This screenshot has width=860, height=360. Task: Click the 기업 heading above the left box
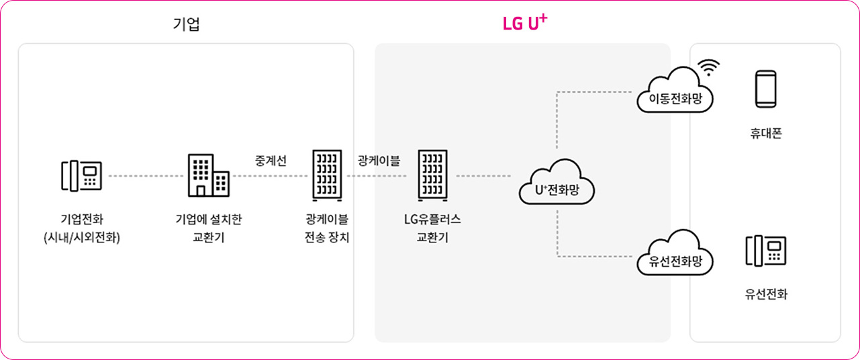click(x=187, y=25)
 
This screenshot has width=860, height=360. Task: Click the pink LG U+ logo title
click(x=524, y=23)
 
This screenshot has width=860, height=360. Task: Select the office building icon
click(x=207, y=175)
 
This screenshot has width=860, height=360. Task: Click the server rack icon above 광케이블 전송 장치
click(x=326, y=175)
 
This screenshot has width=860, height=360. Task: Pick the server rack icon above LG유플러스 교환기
click(x=432, y=175)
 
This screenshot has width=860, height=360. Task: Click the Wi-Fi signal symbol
click(x=708, y=67)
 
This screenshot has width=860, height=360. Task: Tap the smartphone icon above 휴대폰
click(x=765, y=89)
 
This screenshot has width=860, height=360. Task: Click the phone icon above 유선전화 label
click(x=765, y=251)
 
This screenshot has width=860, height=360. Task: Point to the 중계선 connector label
click(x=271, y=161)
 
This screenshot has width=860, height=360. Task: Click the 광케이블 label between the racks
click(x=379, y=161)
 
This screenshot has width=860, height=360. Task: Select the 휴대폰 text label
click(x=765, y=134)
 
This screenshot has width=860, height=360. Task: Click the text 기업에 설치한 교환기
click(x=207, y=228)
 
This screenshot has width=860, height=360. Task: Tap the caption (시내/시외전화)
click(x=81, y=238)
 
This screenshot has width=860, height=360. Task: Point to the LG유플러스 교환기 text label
click(x=432, y=228)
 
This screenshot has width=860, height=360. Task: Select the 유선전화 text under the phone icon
click(x=765, y=294)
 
